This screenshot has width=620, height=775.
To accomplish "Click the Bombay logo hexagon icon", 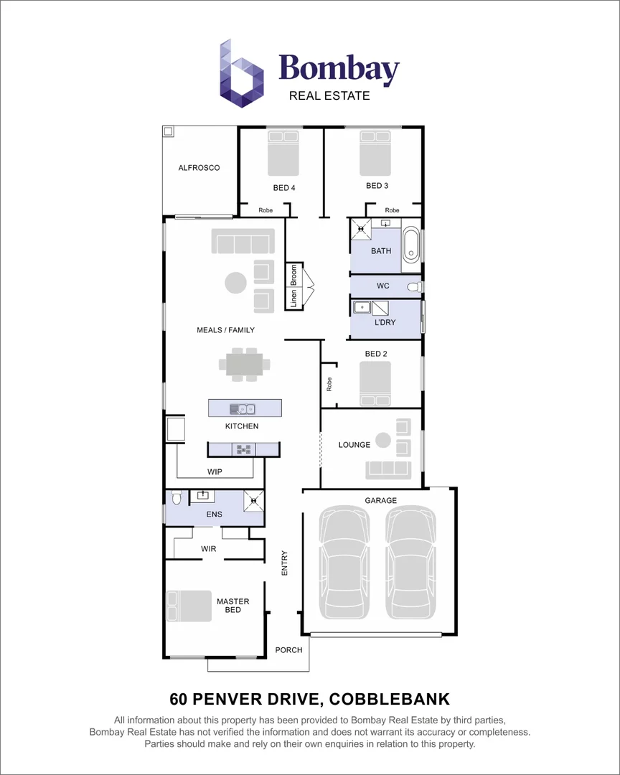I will [241, 74].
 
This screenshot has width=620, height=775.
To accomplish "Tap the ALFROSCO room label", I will [199, 168].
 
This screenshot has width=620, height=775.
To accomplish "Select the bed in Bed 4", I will [283, 153].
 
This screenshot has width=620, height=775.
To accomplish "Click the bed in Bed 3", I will [375, 153].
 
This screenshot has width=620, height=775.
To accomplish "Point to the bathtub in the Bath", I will [411, 245].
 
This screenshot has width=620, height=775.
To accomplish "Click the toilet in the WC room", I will [413, 286].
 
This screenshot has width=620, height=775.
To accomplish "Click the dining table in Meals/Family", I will [245, 364].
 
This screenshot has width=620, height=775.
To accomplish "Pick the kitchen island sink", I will [243, 409].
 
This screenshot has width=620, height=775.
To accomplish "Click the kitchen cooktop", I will [243, 449].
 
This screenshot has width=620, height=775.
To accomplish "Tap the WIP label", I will [214, 471].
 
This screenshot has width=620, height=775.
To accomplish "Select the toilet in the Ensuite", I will [176, 497].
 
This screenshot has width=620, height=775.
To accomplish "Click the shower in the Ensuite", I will [253, 500].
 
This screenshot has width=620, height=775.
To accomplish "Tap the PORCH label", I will [289, 650].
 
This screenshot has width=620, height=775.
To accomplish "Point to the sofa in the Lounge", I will [388, 469].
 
